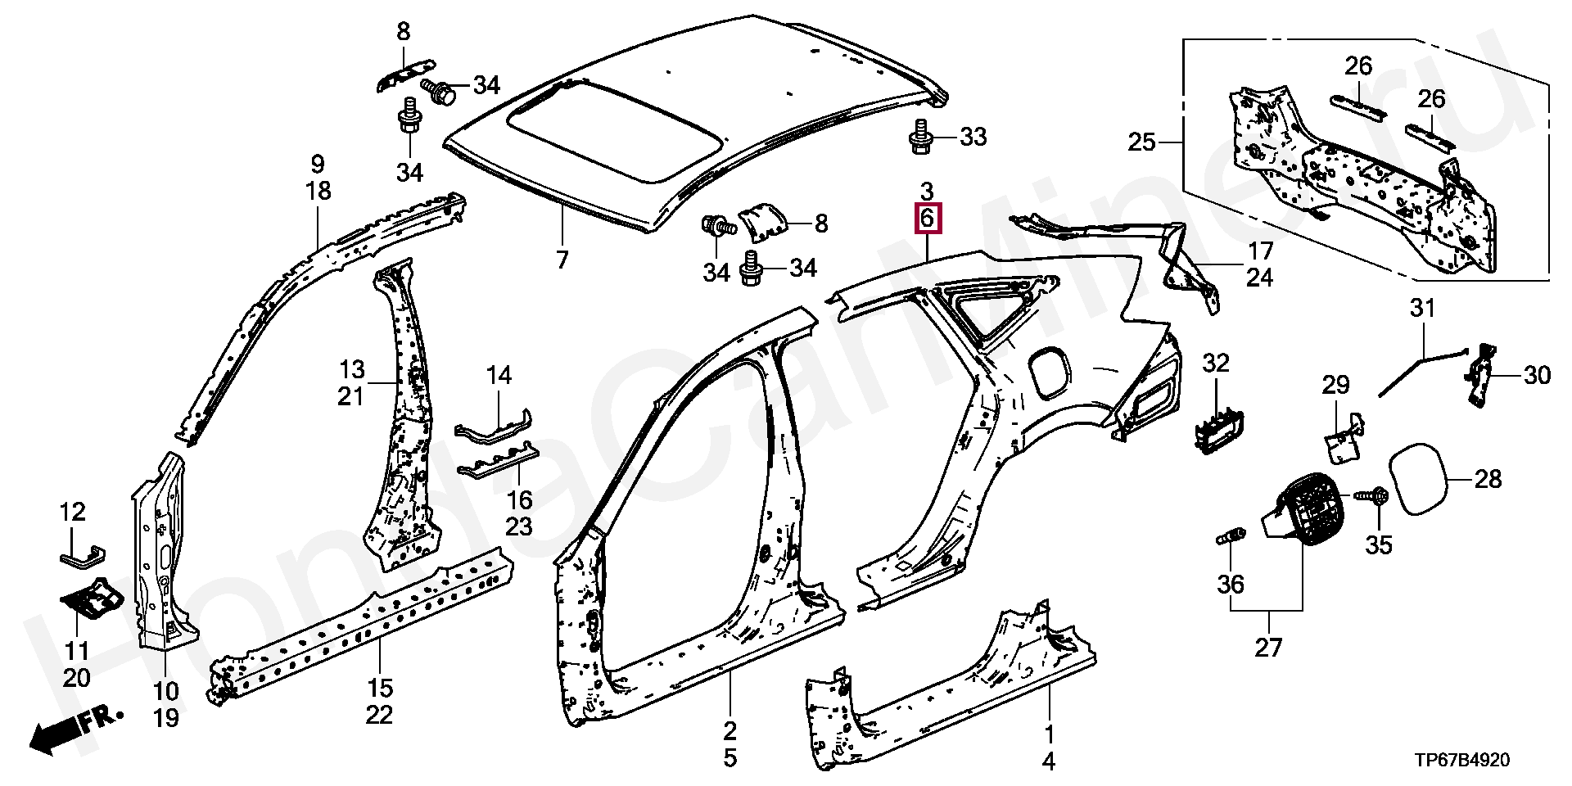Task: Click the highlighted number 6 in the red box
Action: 927,219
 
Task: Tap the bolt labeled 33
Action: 921,137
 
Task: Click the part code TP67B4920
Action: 1462,761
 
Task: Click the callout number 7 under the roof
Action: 562,260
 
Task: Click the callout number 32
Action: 1216,363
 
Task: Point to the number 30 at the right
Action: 1537,376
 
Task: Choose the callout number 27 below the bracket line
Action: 1268,648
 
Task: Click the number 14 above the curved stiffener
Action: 499,376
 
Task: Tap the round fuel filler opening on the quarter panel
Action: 1047,372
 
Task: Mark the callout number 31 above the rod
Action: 1422,309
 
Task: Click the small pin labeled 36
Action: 1231,538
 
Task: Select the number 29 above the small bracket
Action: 1335,385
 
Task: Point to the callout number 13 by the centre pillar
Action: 352,369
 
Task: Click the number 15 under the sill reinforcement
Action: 380,688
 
